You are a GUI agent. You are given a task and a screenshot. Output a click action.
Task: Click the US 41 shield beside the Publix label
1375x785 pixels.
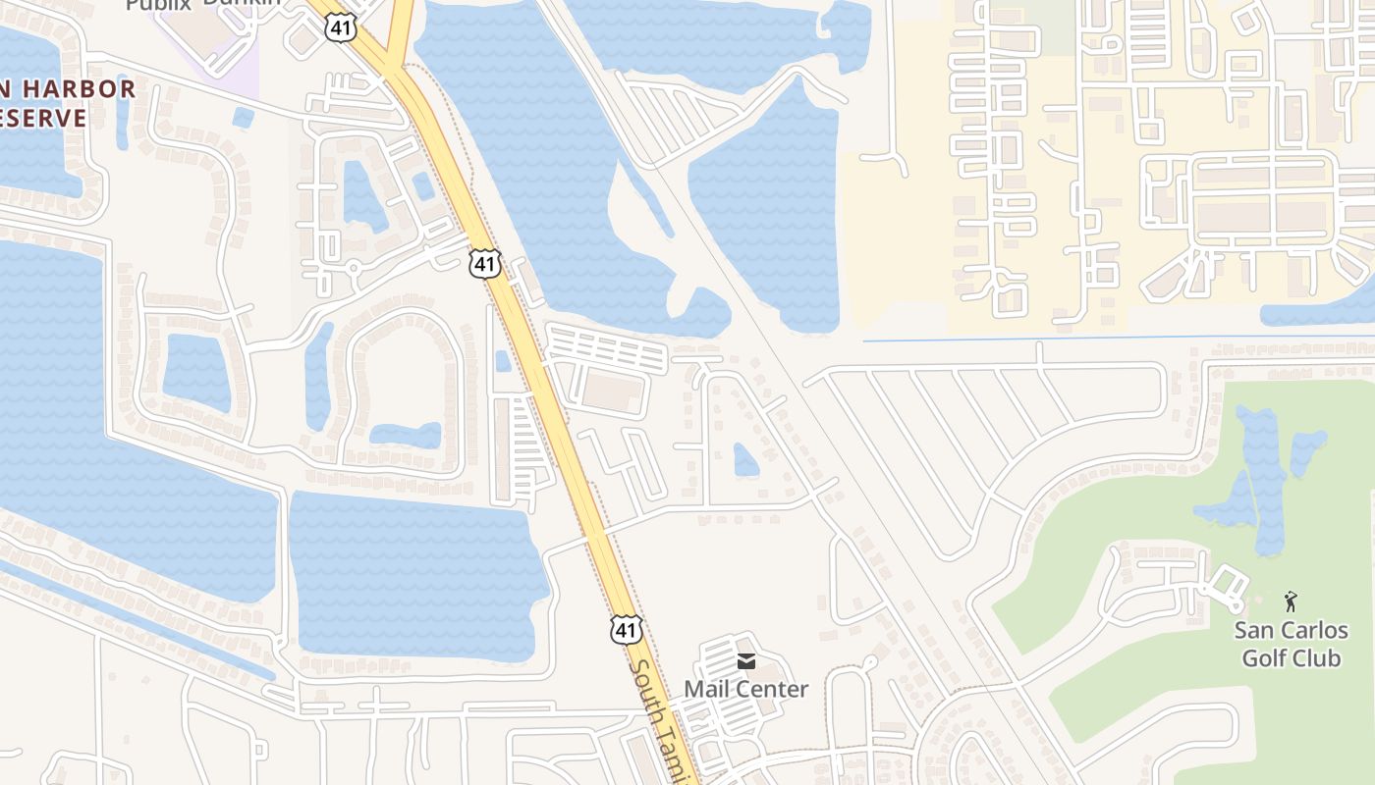click(338, 26)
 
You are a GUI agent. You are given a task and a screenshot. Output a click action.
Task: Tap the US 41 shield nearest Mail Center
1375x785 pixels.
click(626, 629)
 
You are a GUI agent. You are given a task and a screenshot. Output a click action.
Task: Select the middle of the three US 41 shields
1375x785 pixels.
click(485, 263)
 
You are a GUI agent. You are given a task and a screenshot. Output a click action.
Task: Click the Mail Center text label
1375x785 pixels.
click(745, 689)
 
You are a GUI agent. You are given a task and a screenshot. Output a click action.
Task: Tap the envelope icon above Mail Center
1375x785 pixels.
click(746, 661)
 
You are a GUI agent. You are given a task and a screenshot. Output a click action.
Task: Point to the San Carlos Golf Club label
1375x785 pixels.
click(1291, 644)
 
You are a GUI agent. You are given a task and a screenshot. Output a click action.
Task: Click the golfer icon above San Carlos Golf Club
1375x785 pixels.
click(1291, 601)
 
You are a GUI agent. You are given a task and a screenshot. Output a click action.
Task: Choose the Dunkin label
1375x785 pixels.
click(242, 3)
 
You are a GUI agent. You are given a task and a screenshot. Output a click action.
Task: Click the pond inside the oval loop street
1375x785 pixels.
click(406, 435)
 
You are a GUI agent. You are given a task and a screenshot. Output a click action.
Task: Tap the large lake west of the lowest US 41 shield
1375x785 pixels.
click(412, 574)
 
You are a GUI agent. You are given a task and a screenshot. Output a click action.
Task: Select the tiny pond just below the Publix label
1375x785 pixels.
click(243, 118)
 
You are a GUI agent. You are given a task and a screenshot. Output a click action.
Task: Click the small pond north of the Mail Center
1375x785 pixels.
click(745, 459)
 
